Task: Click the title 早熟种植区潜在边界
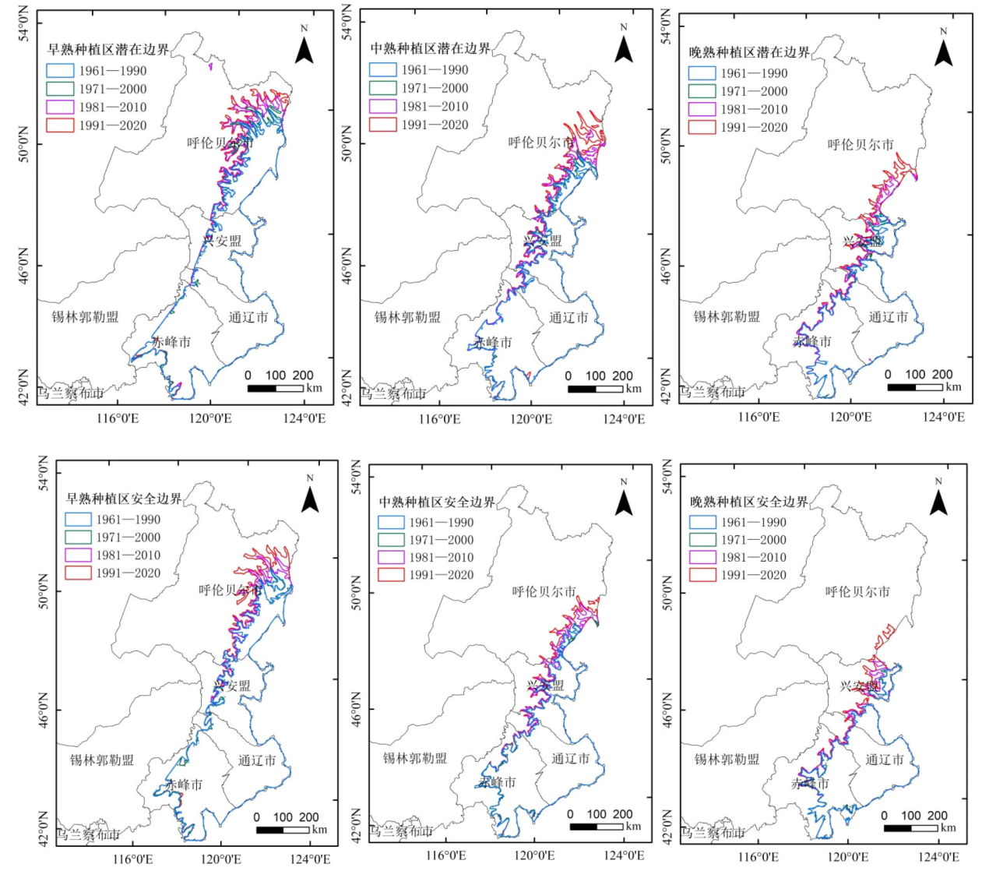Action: [x=108, y=50]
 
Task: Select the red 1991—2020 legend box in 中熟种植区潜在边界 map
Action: [x=382, y=125]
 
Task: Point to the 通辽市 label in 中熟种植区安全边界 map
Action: [x=571, y=759]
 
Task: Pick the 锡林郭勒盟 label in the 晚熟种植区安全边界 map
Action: [x=727, y=759]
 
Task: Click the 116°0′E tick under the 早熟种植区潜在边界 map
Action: [x=118, y=418]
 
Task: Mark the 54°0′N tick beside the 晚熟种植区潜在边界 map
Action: [x=667, y=26]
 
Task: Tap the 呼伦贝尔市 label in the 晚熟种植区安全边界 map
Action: [x=857, y=592]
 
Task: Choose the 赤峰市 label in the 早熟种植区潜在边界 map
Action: [x=171, y=342]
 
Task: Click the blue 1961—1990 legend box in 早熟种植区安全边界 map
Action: [x=79, y=520]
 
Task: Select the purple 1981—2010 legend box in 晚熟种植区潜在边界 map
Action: [x=702, y=110]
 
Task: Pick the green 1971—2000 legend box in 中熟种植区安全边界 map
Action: [x=391, y=540]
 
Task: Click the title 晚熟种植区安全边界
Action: [x=748, y=503]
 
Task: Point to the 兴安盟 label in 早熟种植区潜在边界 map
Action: [x=223, y=242]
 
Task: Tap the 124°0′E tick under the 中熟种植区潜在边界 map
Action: [x=624, y=419]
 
